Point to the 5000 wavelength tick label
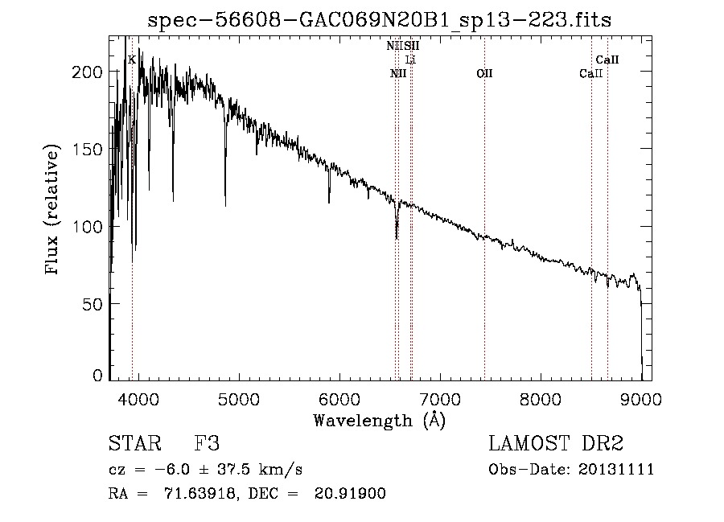pos(239,399)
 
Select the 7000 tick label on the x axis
pos(440,399)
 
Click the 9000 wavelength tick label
pos(641,399)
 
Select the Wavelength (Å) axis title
pos(379,420)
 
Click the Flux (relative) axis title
pos(54,212)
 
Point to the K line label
pos(132,60)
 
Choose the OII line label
pos(484,74)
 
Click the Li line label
pos(410,60)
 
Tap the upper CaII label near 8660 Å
pos(607,60)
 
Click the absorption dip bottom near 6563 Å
pos(397,238)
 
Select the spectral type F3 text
pos(208,444)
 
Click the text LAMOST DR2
pos(556,444)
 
